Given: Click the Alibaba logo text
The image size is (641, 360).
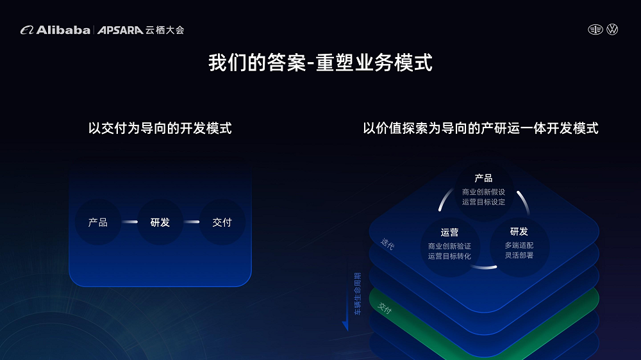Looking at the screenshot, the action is point(63,30).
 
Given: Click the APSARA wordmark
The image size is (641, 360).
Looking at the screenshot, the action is point(121,30).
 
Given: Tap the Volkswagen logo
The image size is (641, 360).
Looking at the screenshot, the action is point(612,29).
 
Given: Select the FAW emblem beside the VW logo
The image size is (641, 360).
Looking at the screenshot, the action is point(595,29).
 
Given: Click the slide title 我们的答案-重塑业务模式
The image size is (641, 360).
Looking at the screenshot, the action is point(320,63).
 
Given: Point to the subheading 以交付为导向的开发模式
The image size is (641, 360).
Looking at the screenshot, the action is point(160,128).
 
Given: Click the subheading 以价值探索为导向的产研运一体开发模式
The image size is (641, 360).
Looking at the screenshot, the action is point(481,128).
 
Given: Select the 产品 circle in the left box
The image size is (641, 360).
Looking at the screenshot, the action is point(98,222).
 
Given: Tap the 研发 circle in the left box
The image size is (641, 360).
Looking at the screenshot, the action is point(160,222).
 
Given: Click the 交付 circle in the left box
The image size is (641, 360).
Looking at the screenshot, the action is point(222,222).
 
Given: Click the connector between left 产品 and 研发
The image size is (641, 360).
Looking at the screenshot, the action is point(129,222).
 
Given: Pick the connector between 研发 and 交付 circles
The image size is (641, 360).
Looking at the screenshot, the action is point(191,222).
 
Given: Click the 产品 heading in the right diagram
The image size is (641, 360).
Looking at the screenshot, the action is point(483,178).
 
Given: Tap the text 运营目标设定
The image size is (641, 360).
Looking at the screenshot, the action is point(483,202).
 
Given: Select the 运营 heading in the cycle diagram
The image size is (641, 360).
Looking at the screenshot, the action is point(450,233).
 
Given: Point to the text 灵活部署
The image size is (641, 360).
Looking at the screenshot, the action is point(519,256).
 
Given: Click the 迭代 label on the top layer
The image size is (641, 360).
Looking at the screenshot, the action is point(387,244).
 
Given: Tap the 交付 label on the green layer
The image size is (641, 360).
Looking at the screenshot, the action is point(385,308).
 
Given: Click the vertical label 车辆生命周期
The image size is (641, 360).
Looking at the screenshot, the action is point(358,294).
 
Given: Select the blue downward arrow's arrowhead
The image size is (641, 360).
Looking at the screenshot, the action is point(346,326).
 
